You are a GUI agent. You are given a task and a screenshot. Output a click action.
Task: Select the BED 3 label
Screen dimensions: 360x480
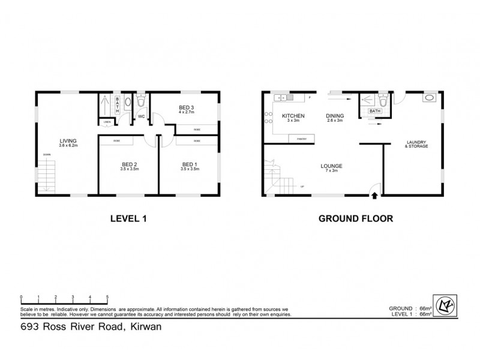point(186,107)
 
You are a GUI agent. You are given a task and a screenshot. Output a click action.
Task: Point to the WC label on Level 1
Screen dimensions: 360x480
point(142,116)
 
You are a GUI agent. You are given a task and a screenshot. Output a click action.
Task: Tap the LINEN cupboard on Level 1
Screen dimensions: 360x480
point(107,122)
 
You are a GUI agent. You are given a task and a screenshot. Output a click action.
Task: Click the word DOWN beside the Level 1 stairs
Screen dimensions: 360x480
point(46,154)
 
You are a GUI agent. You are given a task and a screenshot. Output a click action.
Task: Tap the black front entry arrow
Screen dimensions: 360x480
point(374,194)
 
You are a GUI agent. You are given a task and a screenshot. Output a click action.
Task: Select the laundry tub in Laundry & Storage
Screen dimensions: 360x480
point(429,98)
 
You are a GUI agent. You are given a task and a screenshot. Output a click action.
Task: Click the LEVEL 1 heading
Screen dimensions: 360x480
point(128,219)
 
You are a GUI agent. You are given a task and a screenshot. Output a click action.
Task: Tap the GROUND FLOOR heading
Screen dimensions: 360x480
point(355,219)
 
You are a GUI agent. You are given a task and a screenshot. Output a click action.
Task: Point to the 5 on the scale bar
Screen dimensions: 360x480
point(107,297)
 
